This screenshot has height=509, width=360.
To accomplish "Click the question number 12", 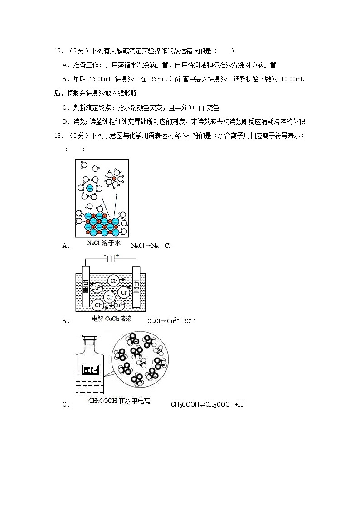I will pyautogui.click(x=58, y=52).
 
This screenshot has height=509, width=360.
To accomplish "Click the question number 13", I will pyautogui.click(x=58, y=136).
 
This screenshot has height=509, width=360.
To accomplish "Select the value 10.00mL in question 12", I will pyautogui.click(x=292, y=80).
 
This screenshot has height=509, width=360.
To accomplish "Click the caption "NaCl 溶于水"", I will pyautogui.click(x=104, y=243).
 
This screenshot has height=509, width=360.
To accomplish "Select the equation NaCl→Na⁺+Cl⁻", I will pyautogui.click(x=152, y=246).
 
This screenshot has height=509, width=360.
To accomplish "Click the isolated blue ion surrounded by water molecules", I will pyautogui.click(x=90, y=188).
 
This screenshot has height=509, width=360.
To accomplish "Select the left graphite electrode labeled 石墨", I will pyautogui.click(x=85, y=287).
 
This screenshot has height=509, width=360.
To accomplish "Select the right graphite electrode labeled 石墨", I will pyautogui.click(x=136, y=287).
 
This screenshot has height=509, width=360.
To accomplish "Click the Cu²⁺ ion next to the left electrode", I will pyautogui.click(x=97, y=287).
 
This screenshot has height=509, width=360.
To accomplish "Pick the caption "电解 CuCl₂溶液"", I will pyautogui.click(x=112, y=319).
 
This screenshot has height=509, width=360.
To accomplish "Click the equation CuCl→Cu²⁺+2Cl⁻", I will pyautogui.click(x=171, y=321).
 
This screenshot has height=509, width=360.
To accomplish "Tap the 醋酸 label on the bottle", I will pyautogui.click(x=90, y=369).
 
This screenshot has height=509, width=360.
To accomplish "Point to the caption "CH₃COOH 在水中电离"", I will pyautogui.click(x=119, y=401).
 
